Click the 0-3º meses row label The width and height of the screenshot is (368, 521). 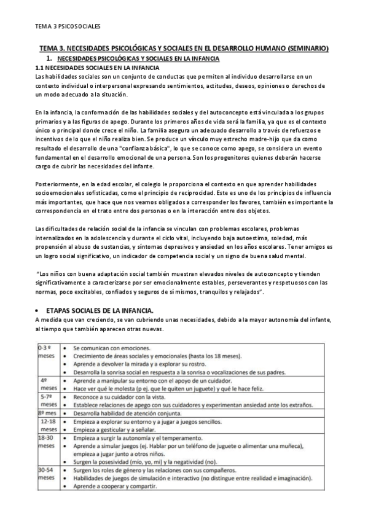coord(47,351)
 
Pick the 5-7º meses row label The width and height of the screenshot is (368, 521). coord(48,400)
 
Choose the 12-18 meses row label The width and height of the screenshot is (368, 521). coord(48,425)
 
